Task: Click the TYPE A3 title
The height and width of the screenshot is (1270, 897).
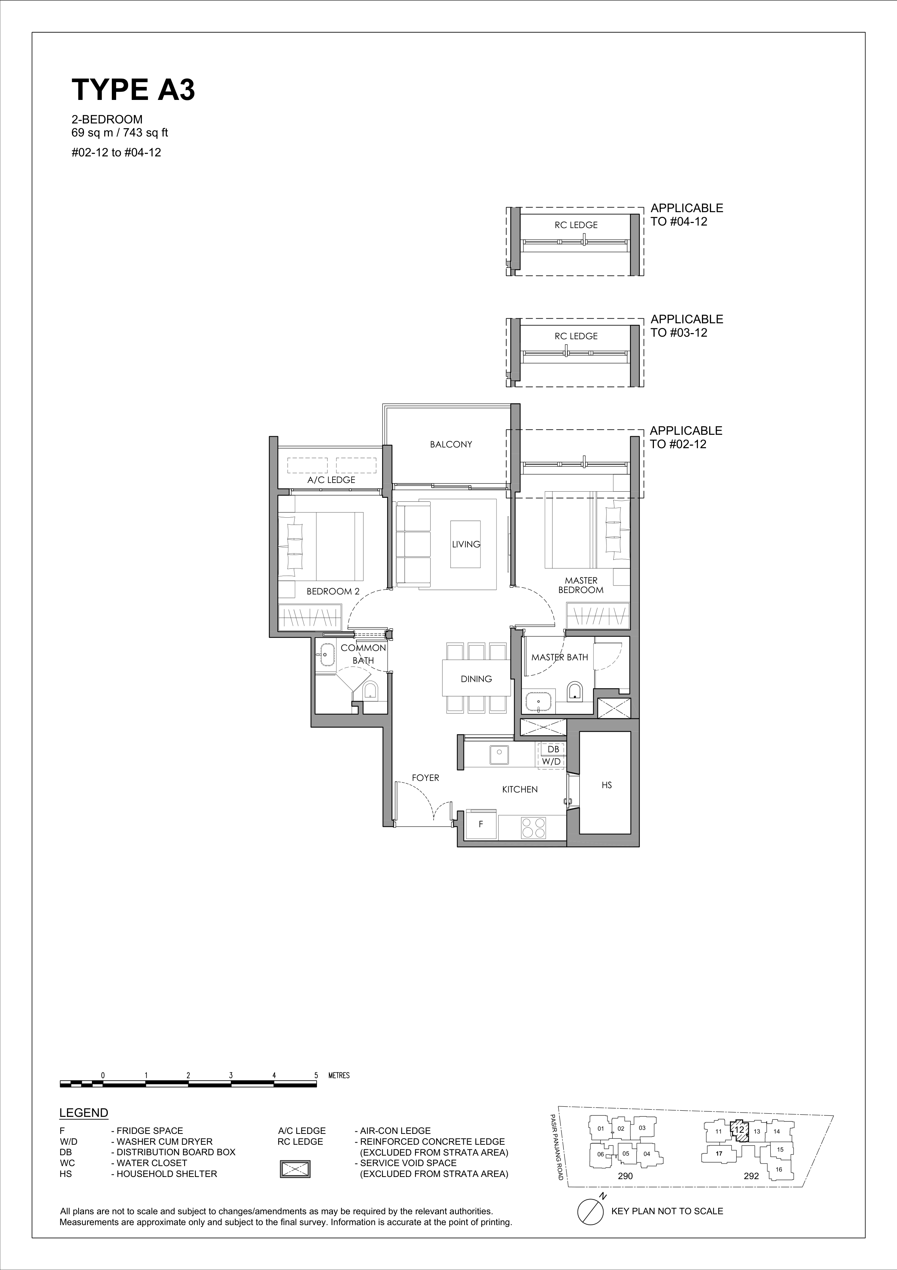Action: [x=133, y=90]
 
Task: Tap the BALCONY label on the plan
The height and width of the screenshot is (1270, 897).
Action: [x=451, y=444]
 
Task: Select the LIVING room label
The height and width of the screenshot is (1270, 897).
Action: [x=466, y=544]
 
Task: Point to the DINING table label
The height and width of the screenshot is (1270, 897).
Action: [x=476, y=679]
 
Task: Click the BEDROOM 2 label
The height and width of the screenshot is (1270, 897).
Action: [x=333, y=591]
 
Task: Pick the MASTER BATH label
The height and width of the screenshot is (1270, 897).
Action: [x=559, y=657]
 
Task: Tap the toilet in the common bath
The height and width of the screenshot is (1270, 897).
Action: [x=370, y=690]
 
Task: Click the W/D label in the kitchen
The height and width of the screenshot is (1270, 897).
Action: [x=551, y=762]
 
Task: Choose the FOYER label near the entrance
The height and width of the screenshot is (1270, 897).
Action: [x=426, y=778]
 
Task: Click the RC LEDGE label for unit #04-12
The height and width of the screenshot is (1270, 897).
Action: [x=576, y=225]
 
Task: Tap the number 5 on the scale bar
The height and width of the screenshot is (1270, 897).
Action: [x=316, y=1076]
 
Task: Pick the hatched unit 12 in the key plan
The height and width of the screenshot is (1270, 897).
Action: [x=739, y=1130]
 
